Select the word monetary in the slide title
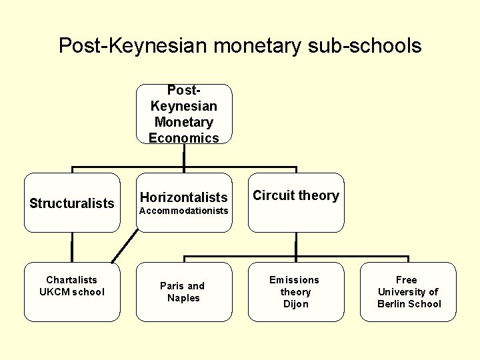point(257,45)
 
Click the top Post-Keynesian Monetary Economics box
point(184,114)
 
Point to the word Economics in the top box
point(184,138)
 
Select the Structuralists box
point(72,203)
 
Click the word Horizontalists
point(184,197)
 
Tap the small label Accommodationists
point(184,211)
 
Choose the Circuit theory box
point(296,203)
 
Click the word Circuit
point(274,195)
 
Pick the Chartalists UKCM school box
point(72,292)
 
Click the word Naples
point(184,298)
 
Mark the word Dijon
point(295,304)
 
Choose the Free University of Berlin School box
point(408,292)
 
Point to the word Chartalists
point(72,280)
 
